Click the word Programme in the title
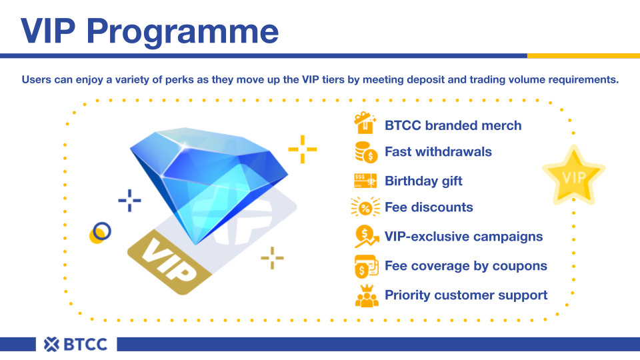click(183, 32)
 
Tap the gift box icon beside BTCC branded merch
click(365, 123)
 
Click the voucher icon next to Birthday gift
click(365, 181)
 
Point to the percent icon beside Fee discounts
click(365, 207)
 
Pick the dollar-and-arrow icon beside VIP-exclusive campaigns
click(366, 236)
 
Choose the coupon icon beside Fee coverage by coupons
click(366, 266)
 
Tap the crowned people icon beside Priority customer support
click(367, 295)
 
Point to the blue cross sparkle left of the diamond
click(129, 201)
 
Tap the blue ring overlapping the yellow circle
click(102, 231)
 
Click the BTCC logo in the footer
click(75, 344)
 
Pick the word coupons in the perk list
click(519, 267)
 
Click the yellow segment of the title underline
click(584, 56)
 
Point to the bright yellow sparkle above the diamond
click(303, 149)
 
